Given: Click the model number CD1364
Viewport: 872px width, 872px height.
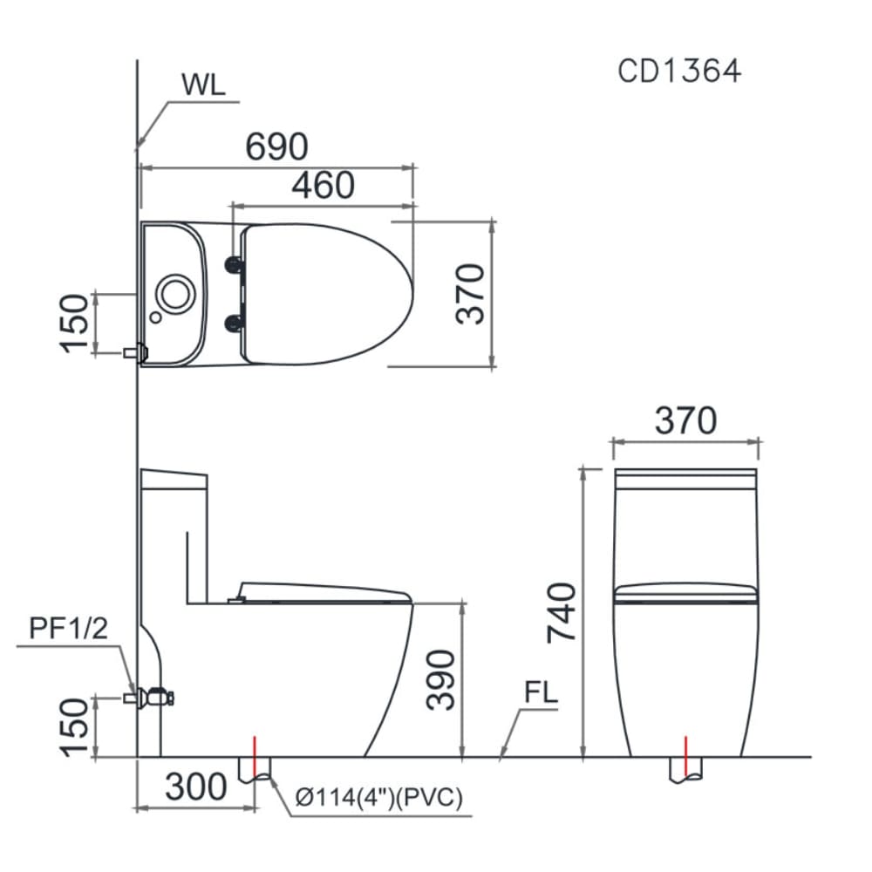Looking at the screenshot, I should (679, 70).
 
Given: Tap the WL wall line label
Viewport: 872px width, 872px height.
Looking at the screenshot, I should (203, 85).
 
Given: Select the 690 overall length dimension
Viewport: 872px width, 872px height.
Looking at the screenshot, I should (276, 146).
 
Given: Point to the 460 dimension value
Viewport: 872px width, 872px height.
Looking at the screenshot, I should (323, 186).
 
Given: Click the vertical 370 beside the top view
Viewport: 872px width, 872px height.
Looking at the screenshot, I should (470, 294).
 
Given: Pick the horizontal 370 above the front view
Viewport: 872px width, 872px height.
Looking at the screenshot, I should (685, 420).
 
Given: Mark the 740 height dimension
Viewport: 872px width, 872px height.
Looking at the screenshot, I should (562, 612).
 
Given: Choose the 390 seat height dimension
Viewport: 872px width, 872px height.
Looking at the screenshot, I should (442, 679).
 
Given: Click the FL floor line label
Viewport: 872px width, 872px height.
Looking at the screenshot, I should (541, 695).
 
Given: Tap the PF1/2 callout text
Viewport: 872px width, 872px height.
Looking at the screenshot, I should (69, 629).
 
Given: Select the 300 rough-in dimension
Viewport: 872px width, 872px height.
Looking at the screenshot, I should (196, 787).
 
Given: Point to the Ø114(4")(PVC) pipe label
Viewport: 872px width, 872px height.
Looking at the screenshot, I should (378, 798).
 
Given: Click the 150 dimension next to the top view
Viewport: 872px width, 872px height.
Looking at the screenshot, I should (75, 323).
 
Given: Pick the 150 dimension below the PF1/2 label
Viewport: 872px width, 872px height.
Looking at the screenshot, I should (75, 726).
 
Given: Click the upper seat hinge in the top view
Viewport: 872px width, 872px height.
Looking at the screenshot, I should (234, 264).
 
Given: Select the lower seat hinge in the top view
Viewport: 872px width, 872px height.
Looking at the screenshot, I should (234, 324).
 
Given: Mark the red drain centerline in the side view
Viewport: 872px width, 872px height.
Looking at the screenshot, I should (255, 757).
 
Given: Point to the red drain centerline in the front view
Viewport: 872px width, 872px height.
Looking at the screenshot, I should (686, 757).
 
